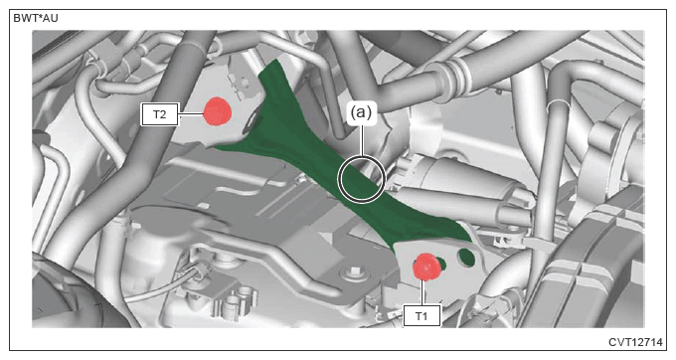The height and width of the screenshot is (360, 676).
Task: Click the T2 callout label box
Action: pyautogui.click(x=159, y=114)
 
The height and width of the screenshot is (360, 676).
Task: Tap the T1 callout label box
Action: pyautogui.click(x=422, y=315)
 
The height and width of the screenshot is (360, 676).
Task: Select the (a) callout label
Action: pyautogui.click(x=361, y=112)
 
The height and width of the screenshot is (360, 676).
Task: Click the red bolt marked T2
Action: pyautogui.click(x=217, y=111)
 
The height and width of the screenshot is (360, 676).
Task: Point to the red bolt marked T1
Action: pyautogui.click(x=425, y=267)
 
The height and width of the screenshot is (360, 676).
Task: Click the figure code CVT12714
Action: pyautogui.click(x=635, y=342)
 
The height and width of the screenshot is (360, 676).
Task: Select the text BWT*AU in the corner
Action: pyautogui.click(x=36, y=18)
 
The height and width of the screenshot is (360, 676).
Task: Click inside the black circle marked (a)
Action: pyautogui.click(x=361, y=179)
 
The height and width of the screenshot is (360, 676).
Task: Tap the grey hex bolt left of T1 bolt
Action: pyautogui.click(x=354, y=272)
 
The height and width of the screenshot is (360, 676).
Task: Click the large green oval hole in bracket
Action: pyautogui.click(x=466, y=258)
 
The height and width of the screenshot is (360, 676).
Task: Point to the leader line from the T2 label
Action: pyautogui.click(x=191, y=114)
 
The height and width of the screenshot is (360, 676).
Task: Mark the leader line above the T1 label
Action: pyautogui.click(x=423, y=292)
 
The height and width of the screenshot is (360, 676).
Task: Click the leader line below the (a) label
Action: pyautogui.click(x=362, y=140)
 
